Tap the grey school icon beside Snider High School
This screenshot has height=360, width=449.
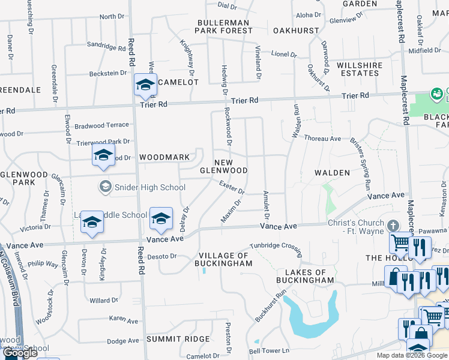106,187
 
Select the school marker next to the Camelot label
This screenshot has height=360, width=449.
145,86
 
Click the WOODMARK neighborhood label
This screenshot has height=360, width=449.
164,158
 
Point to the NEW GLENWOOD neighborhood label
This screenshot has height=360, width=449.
232,166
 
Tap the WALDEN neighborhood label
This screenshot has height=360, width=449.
332,173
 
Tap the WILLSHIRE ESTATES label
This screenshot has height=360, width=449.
357,69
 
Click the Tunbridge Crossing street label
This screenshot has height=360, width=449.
276,246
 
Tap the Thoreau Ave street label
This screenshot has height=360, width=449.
322,139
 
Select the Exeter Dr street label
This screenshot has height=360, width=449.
231,188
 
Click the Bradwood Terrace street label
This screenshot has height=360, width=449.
102,125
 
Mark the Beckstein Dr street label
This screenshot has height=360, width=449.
108,73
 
